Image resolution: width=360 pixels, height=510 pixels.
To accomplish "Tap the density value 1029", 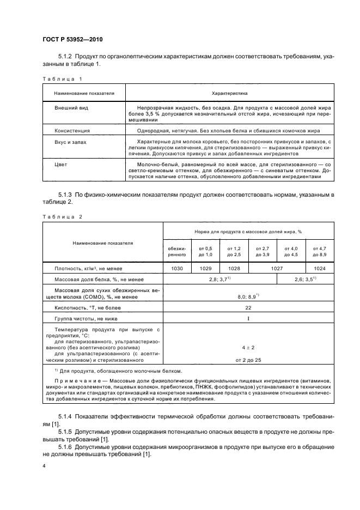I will coord(205,269).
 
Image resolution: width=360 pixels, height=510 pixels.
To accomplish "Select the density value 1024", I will coord(320,269).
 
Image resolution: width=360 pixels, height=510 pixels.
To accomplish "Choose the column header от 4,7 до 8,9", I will coord(320,251).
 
